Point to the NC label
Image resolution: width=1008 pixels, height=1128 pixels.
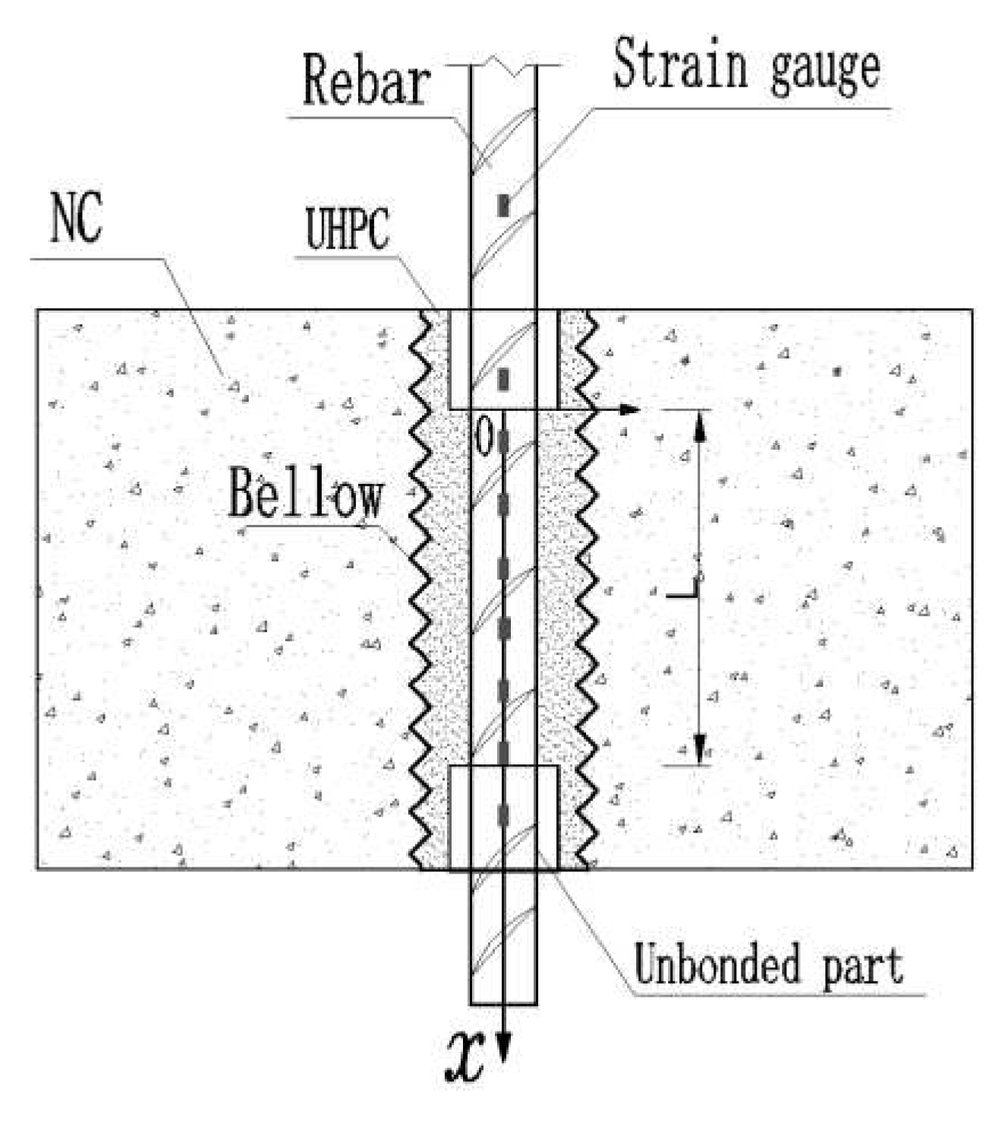[76, 218]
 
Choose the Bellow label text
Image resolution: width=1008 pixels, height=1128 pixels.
[305, 494]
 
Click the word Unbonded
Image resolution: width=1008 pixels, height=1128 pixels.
[717, 965]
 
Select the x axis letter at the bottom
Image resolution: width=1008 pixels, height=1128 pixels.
[465, 1057]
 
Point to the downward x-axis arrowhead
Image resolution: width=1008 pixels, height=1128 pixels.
[503, 1048]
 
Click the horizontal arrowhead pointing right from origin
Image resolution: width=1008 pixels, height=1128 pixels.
[628, 410]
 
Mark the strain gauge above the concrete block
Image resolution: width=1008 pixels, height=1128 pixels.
[503, 205]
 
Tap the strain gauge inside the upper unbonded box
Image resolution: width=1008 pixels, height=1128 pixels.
[503, 379]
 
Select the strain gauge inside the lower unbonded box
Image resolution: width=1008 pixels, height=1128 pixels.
[503, 814]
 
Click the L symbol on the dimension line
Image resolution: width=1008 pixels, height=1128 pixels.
[685, 589]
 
